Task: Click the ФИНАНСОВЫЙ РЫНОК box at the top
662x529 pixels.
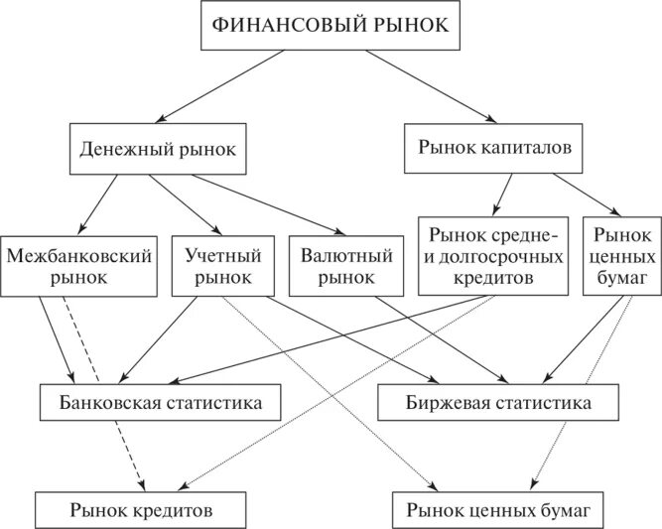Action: (x=331, y=27)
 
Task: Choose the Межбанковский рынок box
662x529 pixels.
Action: (x=78, y=265)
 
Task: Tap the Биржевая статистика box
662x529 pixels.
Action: (x=499, y=403)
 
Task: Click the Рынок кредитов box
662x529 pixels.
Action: (x=142, y=510)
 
